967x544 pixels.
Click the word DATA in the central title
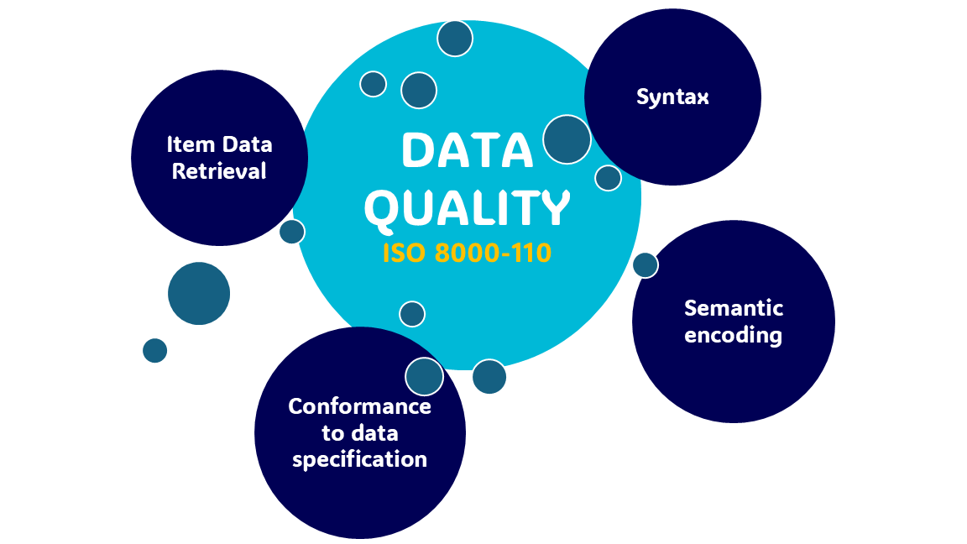pos(468,149)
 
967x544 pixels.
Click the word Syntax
pos(672,97)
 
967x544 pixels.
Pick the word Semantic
pos(734,308)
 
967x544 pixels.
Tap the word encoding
pos(734,336)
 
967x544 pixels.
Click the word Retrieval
pos(219,171)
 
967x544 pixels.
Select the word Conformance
pos(359,406)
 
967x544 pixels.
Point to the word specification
pos(359,460)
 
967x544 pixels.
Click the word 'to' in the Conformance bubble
pos(333,434)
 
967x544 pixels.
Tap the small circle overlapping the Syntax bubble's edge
pos(567,139)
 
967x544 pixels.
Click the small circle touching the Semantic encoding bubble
pos(646,265)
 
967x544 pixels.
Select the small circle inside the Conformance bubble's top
pos(424,377)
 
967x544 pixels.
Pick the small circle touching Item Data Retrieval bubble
pos(292,232)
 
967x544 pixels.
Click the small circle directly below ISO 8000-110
pos(412,314)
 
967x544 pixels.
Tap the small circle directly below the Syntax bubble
pos(608,178)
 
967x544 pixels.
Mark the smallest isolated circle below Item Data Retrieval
pos(155,351)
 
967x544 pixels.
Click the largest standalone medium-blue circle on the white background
pos(199,294)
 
